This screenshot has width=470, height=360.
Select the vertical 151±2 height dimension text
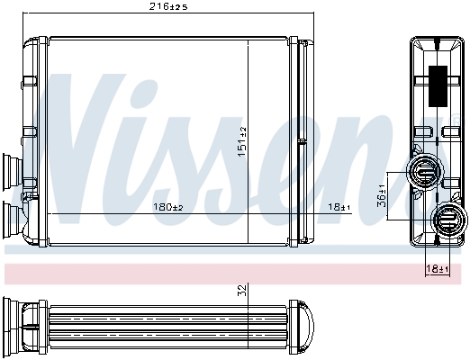pyautogui.click(x=241, y=142)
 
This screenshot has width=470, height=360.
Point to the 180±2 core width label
pyautogui.click(x=168, y=208)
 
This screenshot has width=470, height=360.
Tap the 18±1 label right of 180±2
pyautogui.click(x=339, y=208)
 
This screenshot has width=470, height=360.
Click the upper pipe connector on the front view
pyautogui.click(x=14, y=170)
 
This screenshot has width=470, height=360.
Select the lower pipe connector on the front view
pyautogui.click(x=14, y=217)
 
